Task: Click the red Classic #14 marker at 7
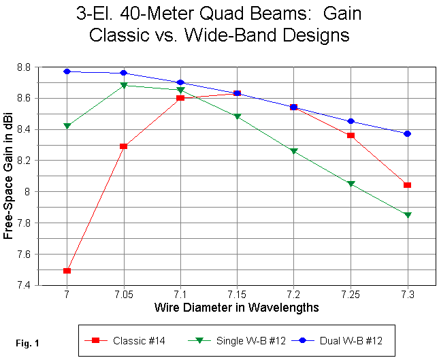click(x=67, y=271)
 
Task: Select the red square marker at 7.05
click(x=123, y=146)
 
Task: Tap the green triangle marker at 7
click(x=67, y=126)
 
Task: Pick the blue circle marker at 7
click(x=67, y=71)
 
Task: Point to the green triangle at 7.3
click(x=407, y=215)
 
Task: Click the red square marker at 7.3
click(x=407, y=185)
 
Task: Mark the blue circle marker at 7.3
click(x=407, y=133)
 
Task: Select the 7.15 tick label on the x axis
click(x=237, y=294)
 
